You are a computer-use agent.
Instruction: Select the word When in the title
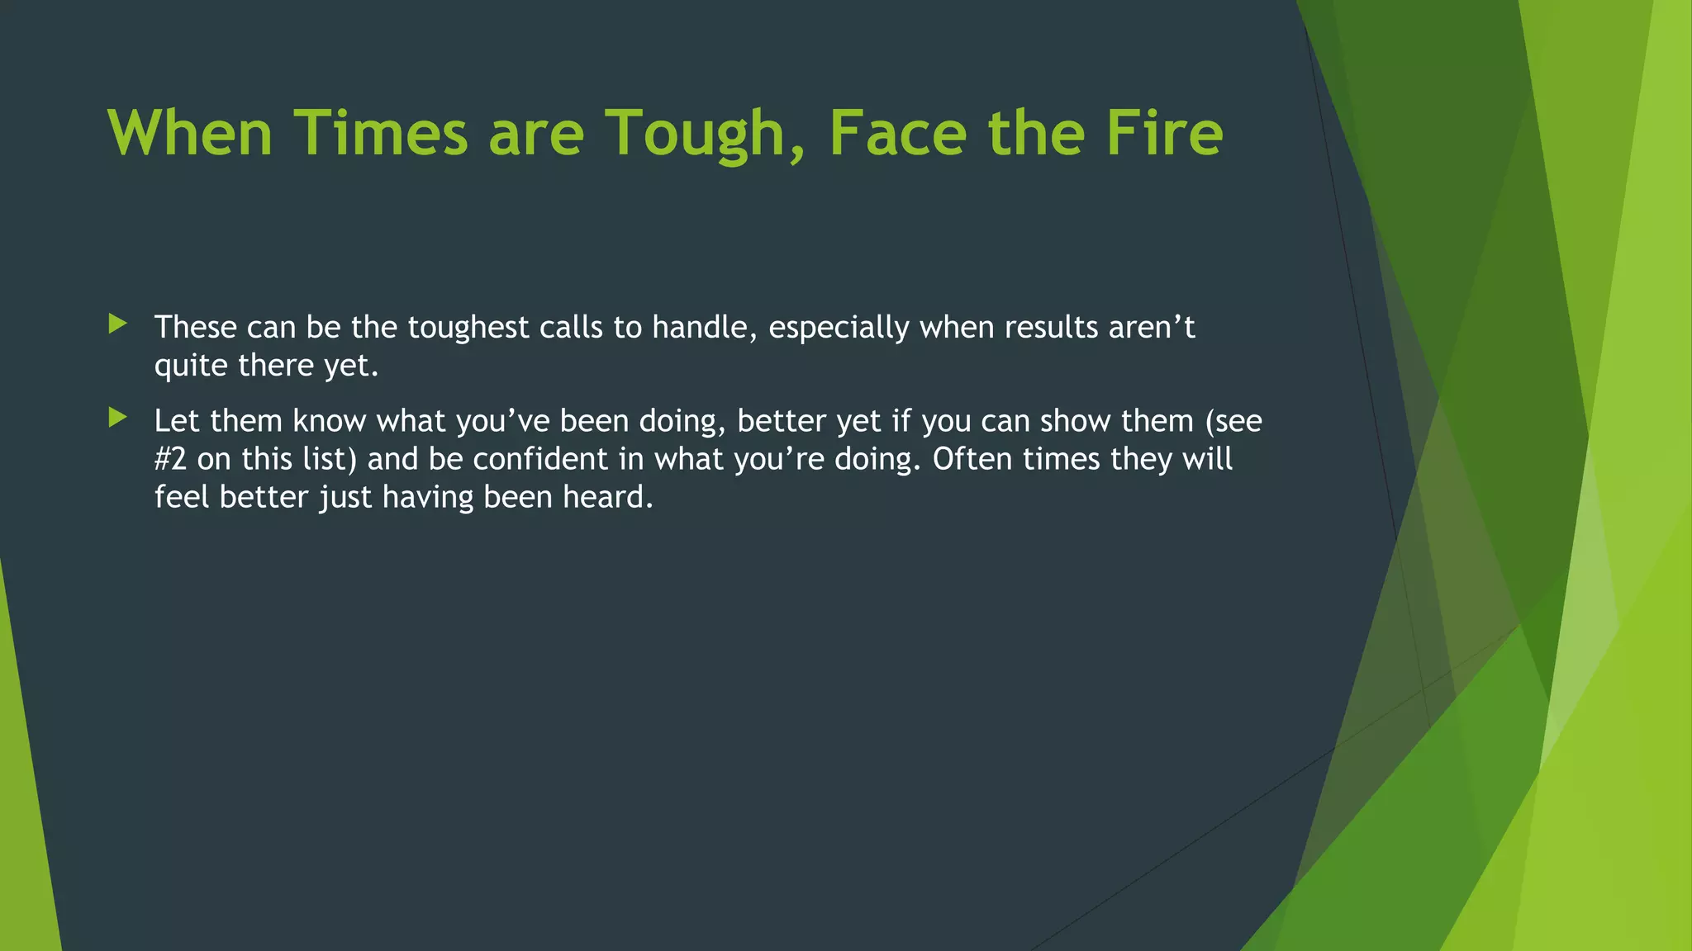tap(190, 134)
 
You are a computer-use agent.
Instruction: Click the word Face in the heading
tap(897, 134)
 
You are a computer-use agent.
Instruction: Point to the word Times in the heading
tap(381, 134)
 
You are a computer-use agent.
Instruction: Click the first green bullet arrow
tap(117, 324)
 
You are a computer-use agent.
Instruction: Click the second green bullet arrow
tap(117, 418)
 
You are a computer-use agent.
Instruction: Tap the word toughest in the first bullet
tap(468, 329)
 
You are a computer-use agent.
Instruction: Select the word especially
tap(839, 329)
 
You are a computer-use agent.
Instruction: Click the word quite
tap(191, 367)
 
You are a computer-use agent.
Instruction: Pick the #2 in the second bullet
tap(170, 459)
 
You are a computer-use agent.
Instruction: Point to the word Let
tap(177, 421)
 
